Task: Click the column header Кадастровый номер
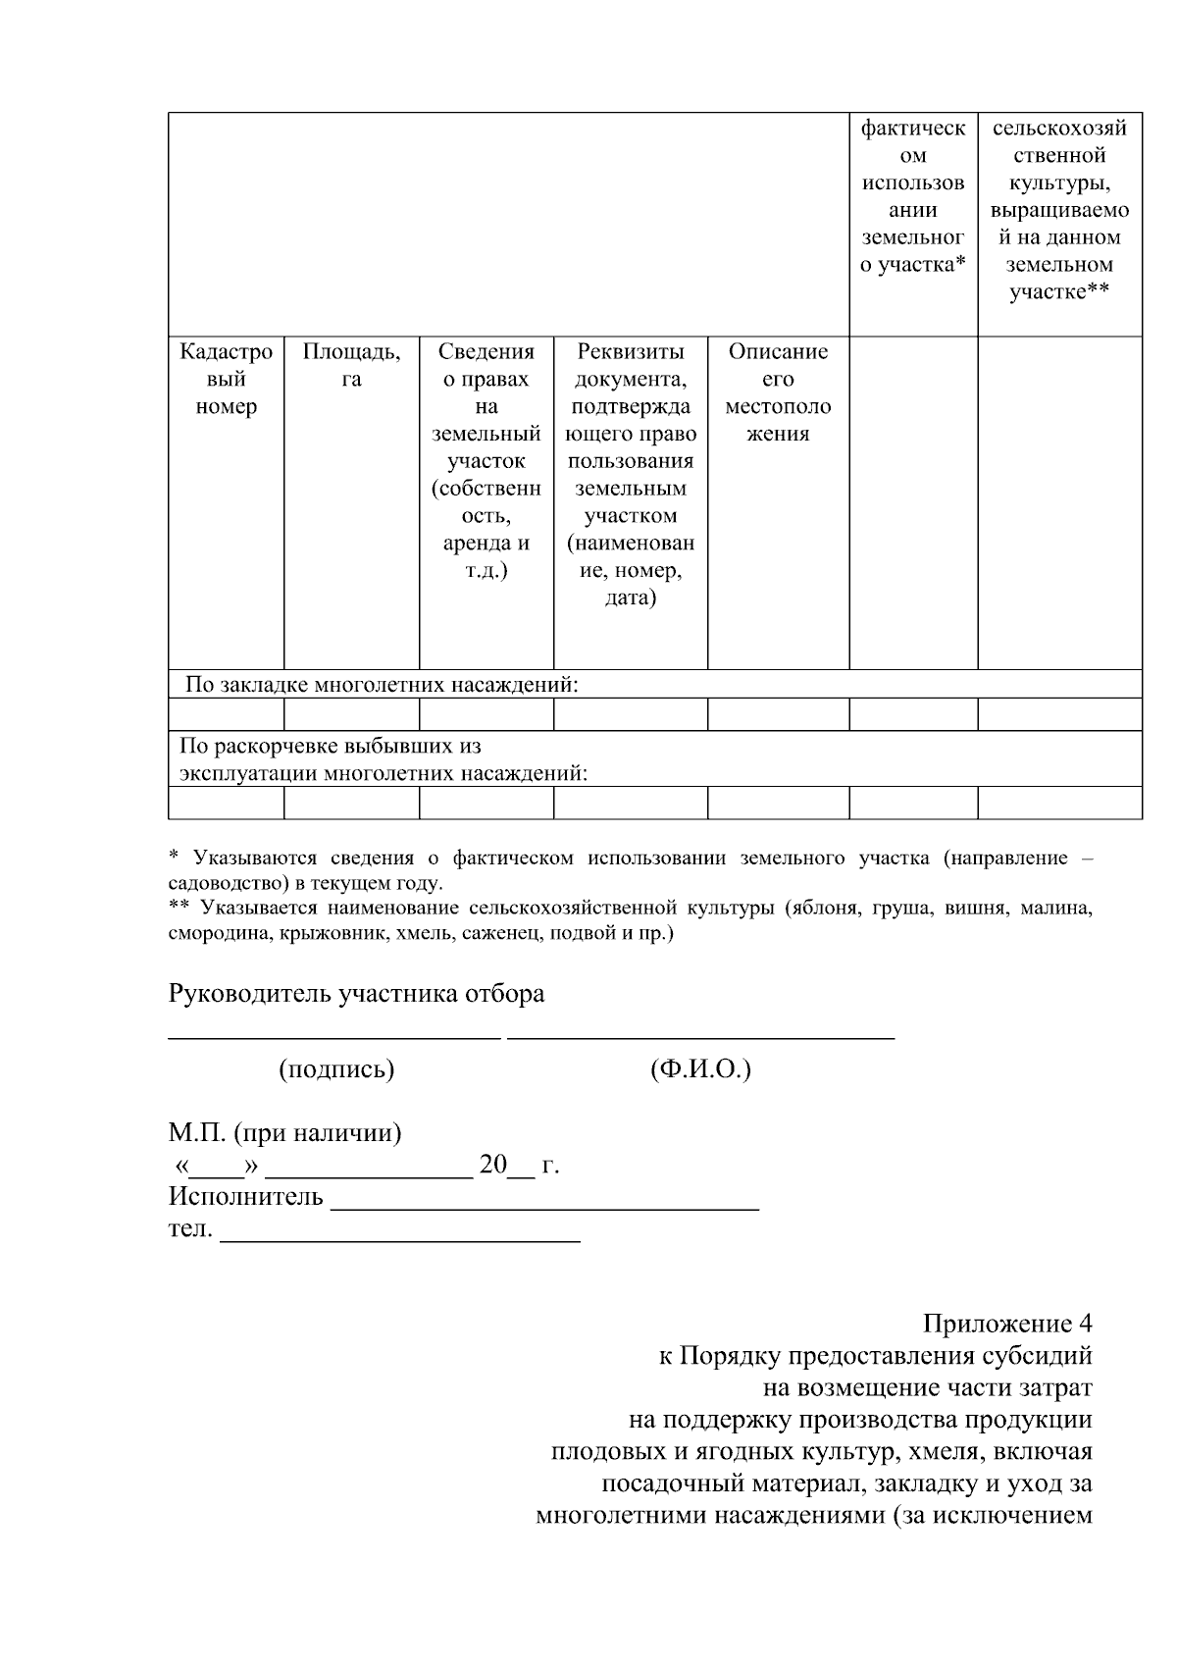[x=226, y=380]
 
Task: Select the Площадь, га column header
[x=351, y=366]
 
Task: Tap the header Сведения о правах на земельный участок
[x=486, y=460]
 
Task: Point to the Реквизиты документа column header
[x=630, y=474]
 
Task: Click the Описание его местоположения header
[x=778, y=392]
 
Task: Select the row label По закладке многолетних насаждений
[x=382, y=685]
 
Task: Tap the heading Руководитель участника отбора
[x=356, y=994]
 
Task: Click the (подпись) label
[x=336, y=1069]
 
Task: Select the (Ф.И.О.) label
[x=700, y=1069]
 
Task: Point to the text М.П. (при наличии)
[x=284, y=1134]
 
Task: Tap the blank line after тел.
[x=400, y=1241]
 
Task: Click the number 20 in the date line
[x=492, y=1166]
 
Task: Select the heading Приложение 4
[x=1006, y=1324]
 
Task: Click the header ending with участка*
[x=912, y=196]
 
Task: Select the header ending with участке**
[x=1059, y=209]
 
